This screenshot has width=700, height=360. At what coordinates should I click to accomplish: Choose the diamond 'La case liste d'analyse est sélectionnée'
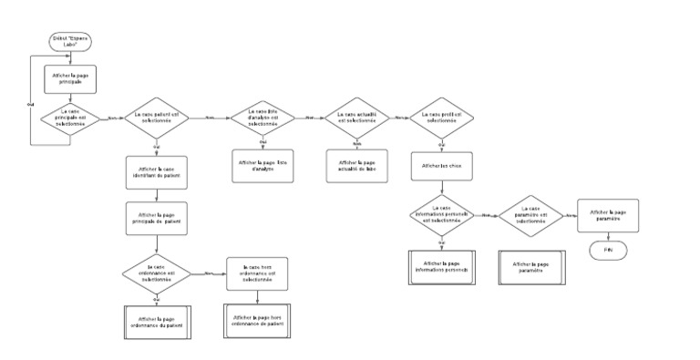262,118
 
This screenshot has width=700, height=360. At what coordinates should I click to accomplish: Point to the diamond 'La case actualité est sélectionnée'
356,118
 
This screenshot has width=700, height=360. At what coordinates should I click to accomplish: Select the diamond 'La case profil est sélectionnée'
441,118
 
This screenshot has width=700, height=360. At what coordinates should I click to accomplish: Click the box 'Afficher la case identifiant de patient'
156,172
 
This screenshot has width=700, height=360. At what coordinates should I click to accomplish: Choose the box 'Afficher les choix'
441,166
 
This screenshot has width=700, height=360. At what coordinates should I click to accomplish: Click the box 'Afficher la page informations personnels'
441,267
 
